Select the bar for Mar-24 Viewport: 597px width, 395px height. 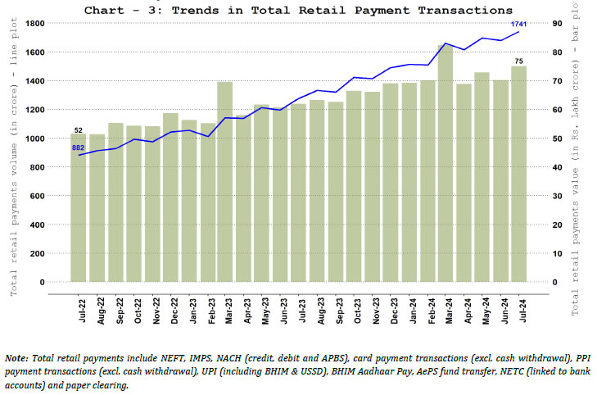point(445,164)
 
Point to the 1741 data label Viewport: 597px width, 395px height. point(518,25)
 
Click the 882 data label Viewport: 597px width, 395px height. point(79,148)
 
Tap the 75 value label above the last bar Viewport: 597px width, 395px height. point(518,61)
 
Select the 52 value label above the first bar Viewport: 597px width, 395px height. point(79,130)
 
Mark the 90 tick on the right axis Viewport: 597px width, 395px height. point(556,23)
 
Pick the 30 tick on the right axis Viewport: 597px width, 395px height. point(556,196)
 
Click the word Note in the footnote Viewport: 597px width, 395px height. point(16,359)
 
